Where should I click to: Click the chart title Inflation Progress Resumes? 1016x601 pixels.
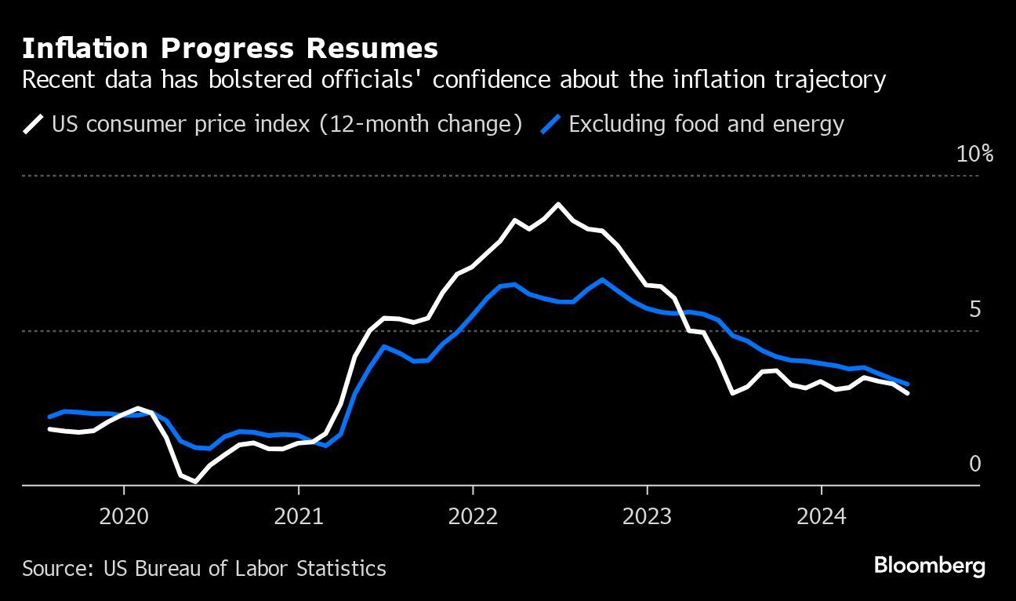tap(230, 49)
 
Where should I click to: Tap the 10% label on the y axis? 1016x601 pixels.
tap(974, 154)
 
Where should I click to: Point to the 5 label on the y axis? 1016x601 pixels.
tap(974, 310)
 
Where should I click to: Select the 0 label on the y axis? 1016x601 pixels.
tap(974, 464)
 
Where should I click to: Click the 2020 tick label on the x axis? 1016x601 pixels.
tap(124, 516)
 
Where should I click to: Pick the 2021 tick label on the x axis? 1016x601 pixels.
tap(299, 516)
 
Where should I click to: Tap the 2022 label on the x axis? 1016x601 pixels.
tap(473, 516)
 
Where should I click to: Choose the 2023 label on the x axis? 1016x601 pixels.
tap(647, 516)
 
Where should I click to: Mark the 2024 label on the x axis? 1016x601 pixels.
tap(821, 516)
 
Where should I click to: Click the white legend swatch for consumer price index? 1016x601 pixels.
tap(34, 124)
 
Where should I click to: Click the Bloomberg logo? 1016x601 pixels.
tap(929, 566)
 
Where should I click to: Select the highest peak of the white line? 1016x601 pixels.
tap(558, 204)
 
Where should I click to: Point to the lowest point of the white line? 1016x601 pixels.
tap(194, 482)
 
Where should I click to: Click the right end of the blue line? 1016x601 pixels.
tap(908, 384)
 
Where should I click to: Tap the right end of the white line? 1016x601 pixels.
tap(908, 393)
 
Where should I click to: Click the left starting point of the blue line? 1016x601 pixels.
tap(49, 417)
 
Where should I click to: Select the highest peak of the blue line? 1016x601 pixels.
tap(601, 279)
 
